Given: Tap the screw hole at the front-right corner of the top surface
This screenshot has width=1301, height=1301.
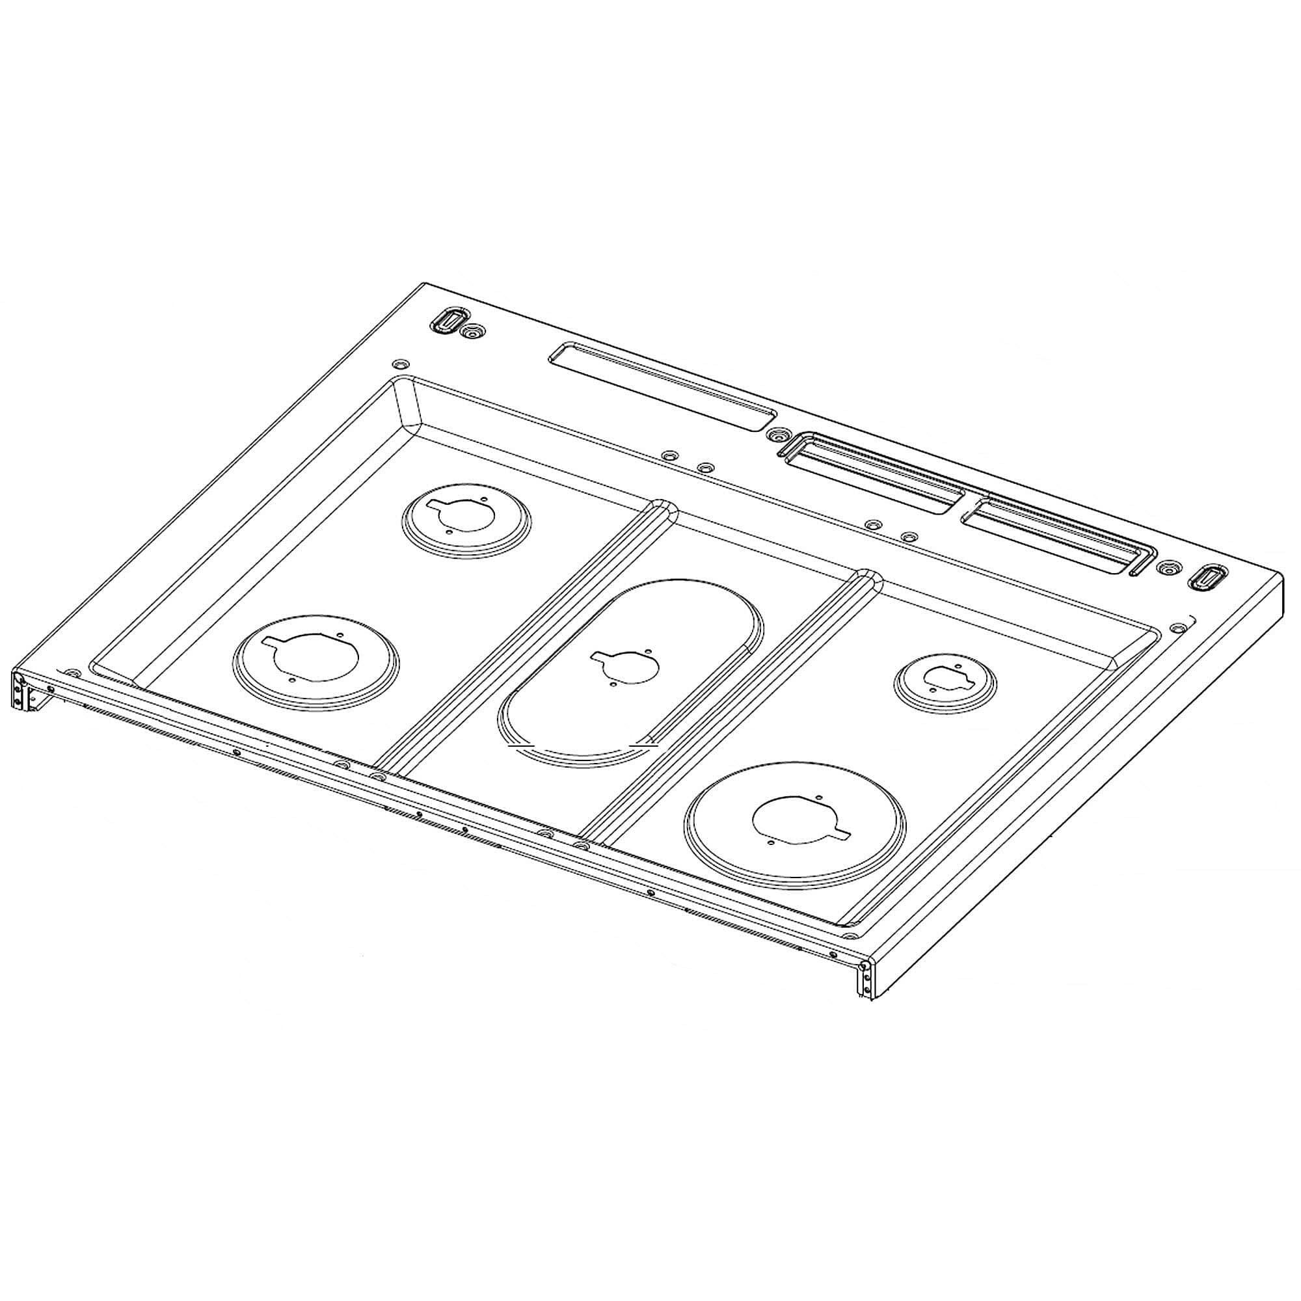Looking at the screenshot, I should tap(850, 937).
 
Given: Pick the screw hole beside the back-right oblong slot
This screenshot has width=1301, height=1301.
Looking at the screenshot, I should tap(1165, 568).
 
